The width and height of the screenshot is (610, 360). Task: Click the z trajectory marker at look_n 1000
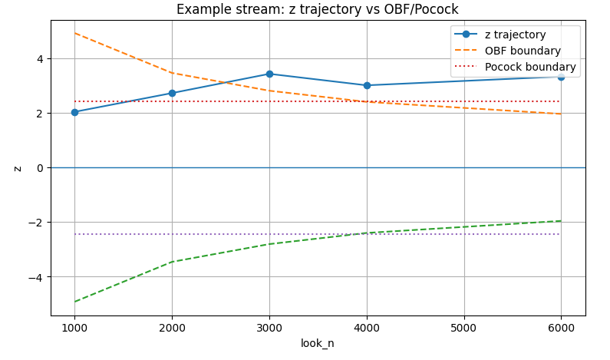pyautogui.click(x=74, y=112)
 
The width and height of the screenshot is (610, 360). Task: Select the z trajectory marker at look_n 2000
pyautogui.click(x=172, y=93)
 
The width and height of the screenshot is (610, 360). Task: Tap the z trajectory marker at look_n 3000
pyautogui.click(x=269, y=74)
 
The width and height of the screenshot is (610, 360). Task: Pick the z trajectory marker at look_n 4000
pyautogui.click(x=367, y=85)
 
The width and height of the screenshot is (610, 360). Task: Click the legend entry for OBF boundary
pyautogui.click(x=523, y=51)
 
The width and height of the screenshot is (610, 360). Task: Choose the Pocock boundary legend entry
pyautogui.click(x=530, y=67)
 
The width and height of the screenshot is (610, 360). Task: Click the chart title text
pyautogui.click(x=318, y=9)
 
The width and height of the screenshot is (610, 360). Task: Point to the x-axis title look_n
pyautogui.click(x=318, y=343)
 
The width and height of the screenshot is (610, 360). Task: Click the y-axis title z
pyautogui.click(x=17, y=167)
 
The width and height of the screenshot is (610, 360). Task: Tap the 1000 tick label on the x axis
pyautogui.click(x=74, y=326)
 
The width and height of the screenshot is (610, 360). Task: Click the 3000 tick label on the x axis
pyautogui.click(x=269, y=326)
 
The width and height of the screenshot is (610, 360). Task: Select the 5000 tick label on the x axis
pyautogui.click(x=463, y=326)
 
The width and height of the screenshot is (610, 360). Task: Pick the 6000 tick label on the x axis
pyautogui.click(x=561, y=326)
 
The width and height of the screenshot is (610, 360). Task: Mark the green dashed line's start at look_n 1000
pyautogui.click(x=74, y=302)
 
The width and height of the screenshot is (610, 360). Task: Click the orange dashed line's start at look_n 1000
pyautogui.click(x=74, y=33)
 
